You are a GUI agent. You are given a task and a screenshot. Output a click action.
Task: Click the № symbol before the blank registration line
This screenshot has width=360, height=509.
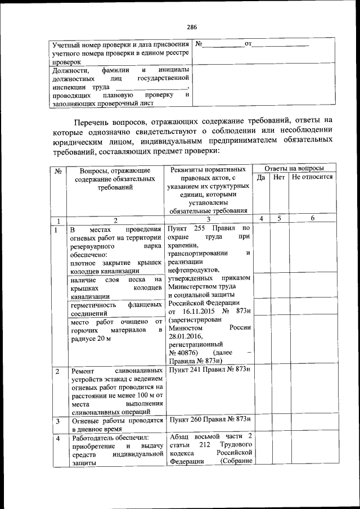click(199, 44)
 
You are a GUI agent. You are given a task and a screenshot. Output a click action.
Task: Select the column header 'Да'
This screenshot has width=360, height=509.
click(260, 177)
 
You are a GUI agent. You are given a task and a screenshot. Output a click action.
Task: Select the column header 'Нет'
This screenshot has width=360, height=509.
click(279, 177)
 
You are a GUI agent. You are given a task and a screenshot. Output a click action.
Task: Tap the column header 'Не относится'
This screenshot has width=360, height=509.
click(312, 177)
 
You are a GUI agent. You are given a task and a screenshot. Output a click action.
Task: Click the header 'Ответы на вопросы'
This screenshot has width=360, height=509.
click(294, 168)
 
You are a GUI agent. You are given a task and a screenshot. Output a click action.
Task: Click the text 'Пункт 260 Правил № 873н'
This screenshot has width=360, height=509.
click(209, 420)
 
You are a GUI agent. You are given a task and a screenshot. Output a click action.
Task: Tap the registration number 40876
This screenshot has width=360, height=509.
click(186, 352)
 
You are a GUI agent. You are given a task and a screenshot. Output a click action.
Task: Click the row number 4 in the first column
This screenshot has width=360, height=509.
click(57, 438)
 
